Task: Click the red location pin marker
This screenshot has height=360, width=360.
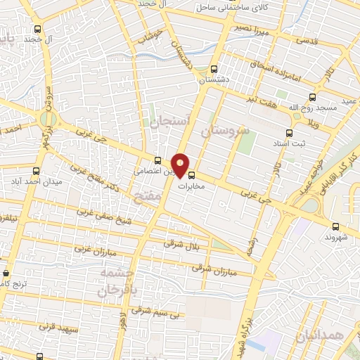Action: pos(181,165)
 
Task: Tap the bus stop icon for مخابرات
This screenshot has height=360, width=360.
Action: pos(192,176)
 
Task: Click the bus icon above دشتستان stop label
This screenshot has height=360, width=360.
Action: pos(214,69)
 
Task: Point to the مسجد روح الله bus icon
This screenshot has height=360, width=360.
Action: pos(313,98)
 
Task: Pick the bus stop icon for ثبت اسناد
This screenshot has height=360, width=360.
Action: pos(290,132)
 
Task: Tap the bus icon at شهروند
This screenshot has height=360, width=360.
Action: pos(335,226)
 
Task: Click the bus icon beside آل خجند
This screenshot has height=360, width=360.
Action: pos(37,30)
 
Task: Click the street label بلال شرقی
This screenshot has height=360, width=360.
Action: pos(179,243)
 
